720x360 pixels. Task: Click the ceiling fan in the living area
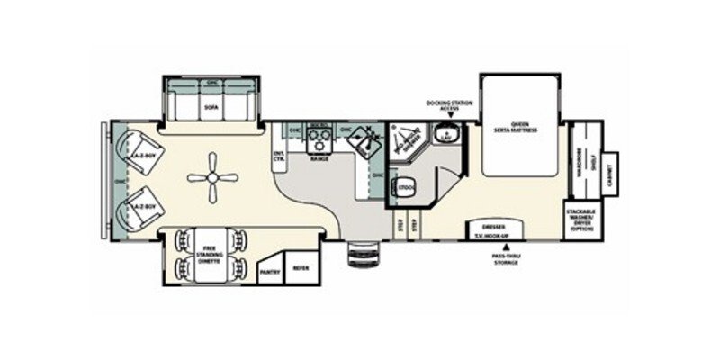point(212,177)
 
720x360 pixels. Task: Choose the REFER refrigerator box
point(300,266)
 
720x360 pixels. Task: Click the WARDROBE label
point(580,163)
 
